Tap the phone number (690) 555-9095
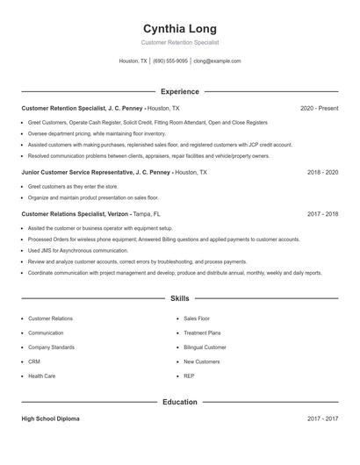[170, 61]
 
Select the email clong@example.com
[217, 61]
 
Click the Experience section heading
[180, 91]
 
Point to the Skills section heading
[180, 298]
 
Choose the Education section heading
[180, 402]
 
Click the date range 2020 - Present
[319, 108]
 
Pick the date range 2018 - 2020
[322, 173]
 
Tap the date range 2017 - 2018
[322, 213]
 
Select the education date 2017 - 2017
[322, 419]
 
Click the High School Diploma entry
[50, 419]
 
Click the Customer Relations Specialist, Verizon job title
[75, 213]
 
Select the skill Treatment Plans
[202, 333]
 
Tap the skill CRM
[34, 361]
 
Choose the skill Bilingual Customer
[205, 347]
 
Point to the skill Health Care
[41, 376]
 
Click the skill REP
[189, 376]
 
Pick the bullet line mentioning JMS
[77, 250]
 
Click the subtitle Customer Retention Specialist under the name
[180, 42]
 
